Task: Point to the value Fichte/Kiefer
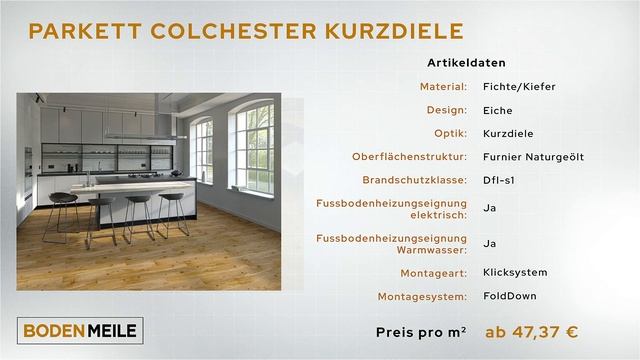click(x=518, y=87)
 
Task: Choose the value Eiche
click(x=498, y=110)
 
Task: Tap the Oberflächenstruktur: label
click(x=410, y=156)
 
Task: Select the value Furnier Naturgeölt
click(x=533, y=156)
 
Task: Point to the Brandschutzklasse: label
click(x=417, y=180)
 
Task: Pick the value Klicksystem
click(x=514, y=272)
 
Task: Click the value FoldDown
click(x=507, y=296)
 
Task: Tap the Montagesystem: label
click(x=422, y=296)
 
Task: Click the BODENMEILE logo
click(x=80, y=328)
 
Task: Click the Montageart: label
click(x=431, y=272)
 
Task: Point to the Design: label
click(x=446, y=110)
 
